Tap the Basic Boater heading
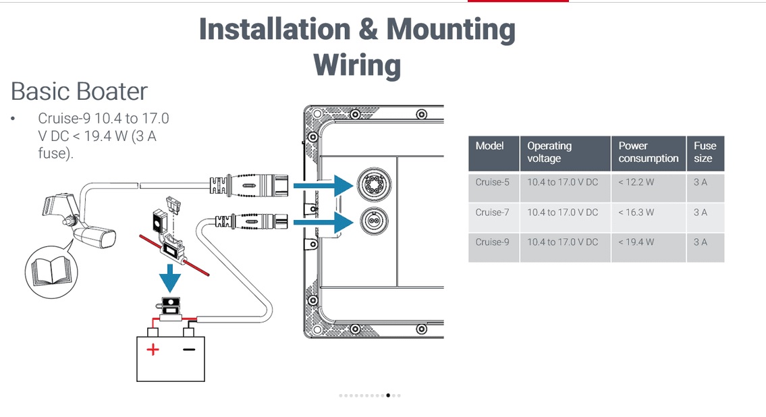tap(79, 91)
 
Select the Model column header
tap(489, 146)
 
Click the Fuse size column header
tap(705, 152)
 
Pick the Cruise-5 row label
tap(492, 182)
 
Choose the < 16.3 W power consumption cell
tap(636, 213)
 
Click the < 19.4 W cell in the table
tap(636, 242)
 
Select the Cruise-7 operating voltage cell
tap(562, 213)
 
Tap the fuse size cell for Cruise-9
tap(700, 242)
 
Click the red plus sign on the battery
tap(153, 349)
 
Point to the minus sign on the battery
tap(189, 349)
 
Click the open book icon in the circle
tap(51, 272)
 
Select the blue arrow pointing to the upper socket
tap(323, 186)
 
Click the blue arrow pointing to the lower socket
tap(323, 223)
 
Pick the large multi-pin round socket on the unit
tap(374, 184)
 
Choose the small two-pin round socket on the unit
tap(374, 222)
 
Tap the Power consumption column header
tap(649, 152)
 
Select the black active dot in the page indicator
tap(388, 395)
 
